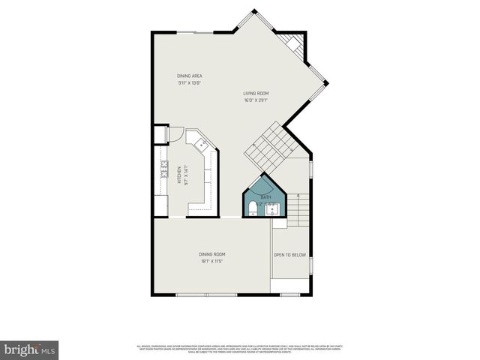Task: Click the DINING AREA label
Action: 190,76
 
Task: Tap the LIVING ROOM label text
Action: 256,93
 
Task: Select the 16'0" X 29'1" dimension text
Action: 256,100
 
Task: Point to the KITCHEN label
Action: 179,175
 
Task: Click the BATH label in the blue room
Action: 265,196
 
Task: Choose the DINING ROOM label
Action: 212,254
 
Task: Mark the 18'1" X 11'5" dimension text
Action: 212,261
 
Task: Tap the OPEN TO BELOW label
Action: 289,255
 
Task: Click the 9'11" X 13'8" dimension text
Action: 190,82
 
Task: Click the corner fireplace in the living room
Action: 295,46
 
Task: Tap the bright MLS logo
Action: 29,349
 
